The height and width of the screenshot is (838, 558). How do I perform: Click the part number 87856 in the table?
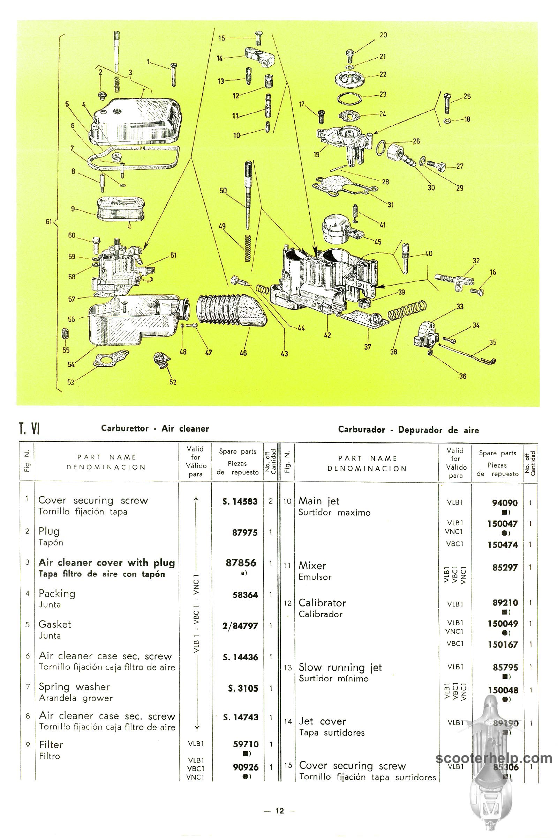(241, 563)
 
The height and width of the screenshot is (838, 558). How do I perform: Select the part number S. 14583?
(240, 501)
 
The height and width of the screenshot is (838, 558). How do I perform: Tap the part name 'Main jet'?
(318, 501)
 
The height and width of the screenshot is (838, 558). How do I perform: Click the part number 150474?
(503, 545)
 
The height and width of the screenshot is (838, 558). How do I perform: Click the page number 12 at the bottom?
(280, 811)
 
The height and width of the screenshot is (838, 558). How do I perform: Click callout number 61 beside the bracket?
(49, 222)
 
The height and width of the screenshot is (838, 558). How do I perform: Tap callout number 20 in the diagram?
(383, 35)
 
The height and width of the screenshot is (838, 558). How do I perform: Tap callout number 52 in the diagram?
(173, 382)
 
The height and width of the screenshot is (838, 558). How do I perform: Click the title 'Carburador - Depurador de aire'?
(408, 430)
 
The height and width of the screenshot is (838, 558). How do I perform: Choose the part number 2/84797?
(240, 626)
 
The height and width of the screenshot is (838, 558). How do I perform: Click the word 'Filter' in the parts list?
(51, 745)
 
